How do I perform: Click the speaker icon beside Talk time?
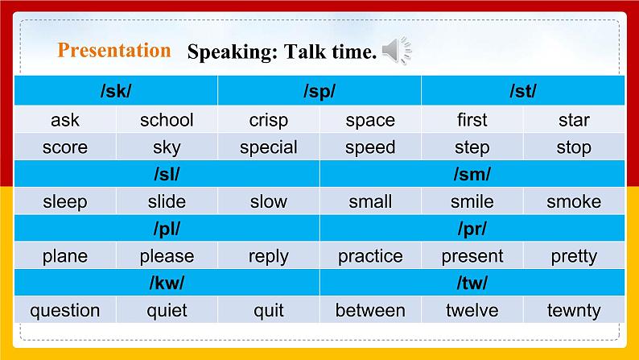(397, 52)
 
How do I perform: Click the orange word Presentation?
(114, 51)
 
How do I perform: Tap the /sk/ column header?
(116, 91)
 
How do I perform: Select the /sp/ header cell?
(319, 91)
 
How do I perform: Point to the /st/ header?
(523, 91)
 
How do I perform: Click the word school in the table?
(167, 120)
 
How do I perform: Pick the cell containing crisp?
(268, 120)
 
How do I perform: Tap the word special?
(268, 147)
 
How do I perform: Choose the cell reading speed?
(370, 147)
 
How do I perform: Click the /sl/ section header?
(167, 174)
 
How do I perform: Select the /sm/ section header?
(472, 174)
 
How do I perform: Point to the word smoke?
(574, 201)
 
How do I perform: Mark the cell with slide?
(167, 201)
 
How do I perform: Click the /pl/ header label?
(167, 229)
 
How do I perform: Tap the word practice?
(370, 256)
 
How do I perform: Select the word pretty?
(574, 256)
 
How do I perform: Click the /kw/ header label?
(167, 283)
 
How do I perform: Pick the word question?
(64, 310)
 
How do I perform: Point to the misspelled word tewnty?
(574, 310)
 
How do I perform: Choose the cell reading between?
(370, 310)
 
